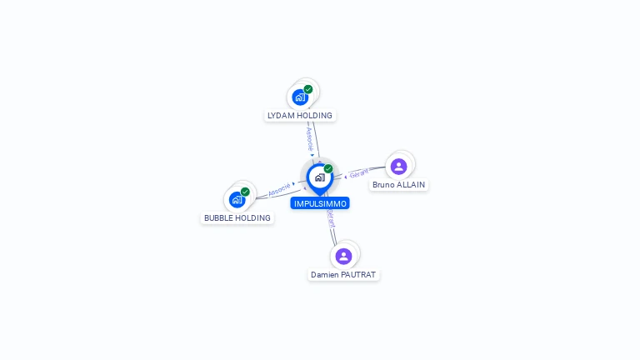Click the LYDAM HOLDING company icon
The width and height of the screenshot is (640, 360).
[300, 97]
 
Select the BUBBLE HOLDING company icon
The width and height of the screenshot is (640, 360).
[237, 200]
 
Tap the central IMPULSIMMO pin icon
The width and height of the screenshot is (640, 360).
[320, 179]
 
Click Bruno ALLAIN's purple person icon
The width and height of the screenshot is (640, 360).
[399, 167]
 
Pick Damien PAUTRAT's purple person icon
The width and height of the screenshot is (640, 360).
[343, 257]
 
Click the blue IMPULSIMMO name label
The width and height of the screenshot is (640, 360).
[320, 203]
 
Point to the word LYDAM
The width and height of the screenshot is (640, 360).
[281, 116]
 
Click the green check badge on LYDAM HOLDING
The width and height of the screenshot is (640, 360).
[308, 89]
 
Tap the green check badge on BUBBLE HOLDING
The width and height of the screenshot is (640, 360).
[245, 192]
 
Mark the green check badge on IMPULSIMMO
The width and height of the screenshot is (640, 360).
[328, 168]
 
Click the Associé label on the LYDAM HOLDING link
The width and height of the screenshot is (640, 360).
[310, 139]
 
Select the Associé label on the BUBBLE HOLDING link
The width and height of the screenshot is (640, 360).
[279, 189]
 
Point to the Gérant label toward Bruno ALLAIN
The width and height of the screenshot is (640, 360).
[359, 173]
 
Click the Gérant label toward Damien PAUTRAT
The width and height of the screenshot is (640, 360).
[331, 219]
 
